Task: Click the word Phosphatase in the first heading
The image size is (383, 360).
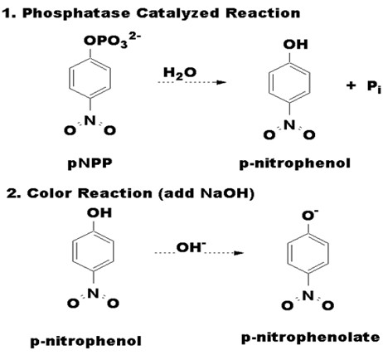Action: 76,13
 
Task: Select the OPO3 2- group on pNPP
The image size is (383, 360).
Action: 112,41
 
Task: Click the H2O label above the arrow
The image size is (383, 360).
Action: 180,73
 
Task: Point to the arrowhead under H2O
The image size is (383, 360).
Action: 221,82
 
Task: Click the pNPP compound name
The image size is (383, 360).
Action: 90,163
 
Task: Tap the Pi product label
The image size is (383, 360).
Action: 374,87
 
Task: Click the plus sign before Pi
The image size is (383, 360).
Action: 351,85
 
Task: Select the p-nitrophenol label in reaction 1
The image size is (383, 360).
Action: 295,163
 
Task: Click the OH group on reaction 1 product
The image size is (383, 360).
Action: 295,45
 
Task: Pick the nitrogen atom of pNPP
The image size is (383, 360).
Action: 90,120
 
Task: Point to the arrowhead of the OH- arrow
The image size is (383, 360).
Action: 239,253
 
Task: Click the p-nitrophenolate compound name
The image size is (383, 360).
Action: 311,338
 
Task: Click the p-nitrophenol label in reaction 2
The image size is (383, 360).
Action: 85,341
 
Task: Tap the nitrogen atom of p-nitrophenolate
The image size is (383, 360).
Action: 308,296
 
